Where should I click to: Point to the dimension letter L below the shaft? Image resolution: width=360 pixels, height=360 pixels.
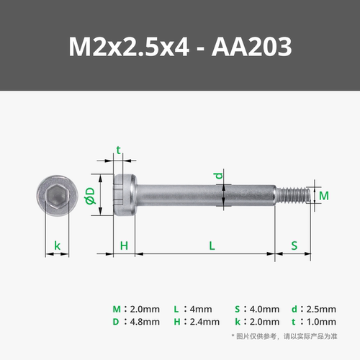[x=212, y=246]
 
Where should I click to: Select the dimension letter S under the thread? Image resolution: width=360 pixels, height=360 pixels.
[x=294, y=246]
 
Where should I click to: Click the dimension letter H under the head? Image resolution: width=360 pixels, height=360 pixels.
[x=124, y=246]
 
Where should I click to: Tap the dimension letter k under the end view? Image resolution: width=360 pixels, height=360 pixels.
[x=57, y=246]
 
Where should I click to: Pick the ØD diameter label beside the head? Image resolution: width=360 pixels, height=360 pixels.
[x=89, y=195]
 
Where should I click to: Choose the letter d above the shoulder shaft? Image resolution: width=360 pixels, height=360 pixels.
[x=222, y=175]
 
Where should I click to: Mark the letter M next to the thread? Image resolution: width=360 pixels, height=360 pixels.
[x=323, y=195]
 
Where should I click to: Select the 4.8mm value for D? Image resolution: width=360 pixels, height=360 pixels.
[x=145, y=322]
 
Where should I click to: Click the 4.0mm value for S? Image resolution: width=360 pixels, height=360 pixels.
[x=264, y=308]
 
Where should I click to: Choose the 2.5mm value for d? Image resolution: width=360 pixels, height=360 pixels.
[x=322, y=308]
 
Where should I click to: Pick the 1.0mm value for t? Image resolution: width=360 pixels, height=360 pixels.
[x=322, y=322]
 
